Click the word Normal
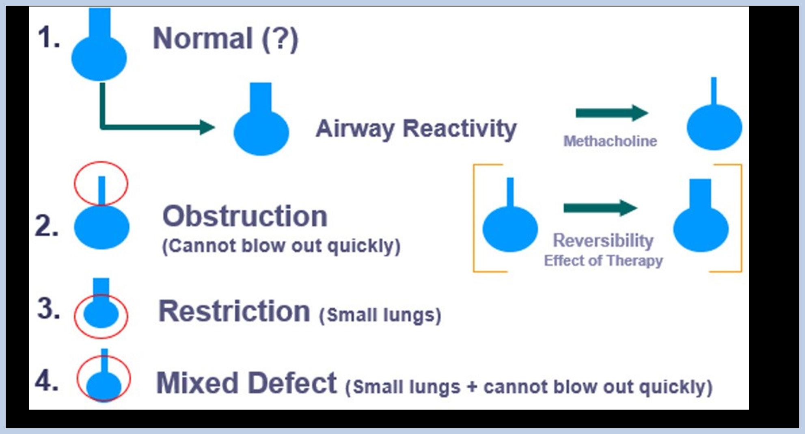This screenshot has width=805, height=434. click(x=203, y=39)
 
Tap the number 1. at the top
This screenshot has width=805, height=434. click(x=49, y=37)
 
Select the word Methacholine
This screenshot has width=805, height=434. click(x=610, y=141)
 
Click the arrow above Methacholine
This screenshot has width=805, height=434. click(x=611, y=113)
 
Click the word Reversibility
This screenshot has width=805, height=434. click(x=603, y=240)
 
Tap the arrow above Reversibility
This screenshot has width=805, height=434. click(x=600, y=208)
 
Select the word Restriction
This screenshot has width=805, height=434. click(x=234, y=311)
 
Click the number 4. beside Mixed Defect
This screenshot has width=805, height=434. click(x=47, y=381)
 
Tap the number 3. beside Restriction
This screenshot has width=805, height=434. click(x=48, y=309)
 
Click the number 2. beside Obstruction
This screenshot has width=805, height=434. click(x=47, y=226)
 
